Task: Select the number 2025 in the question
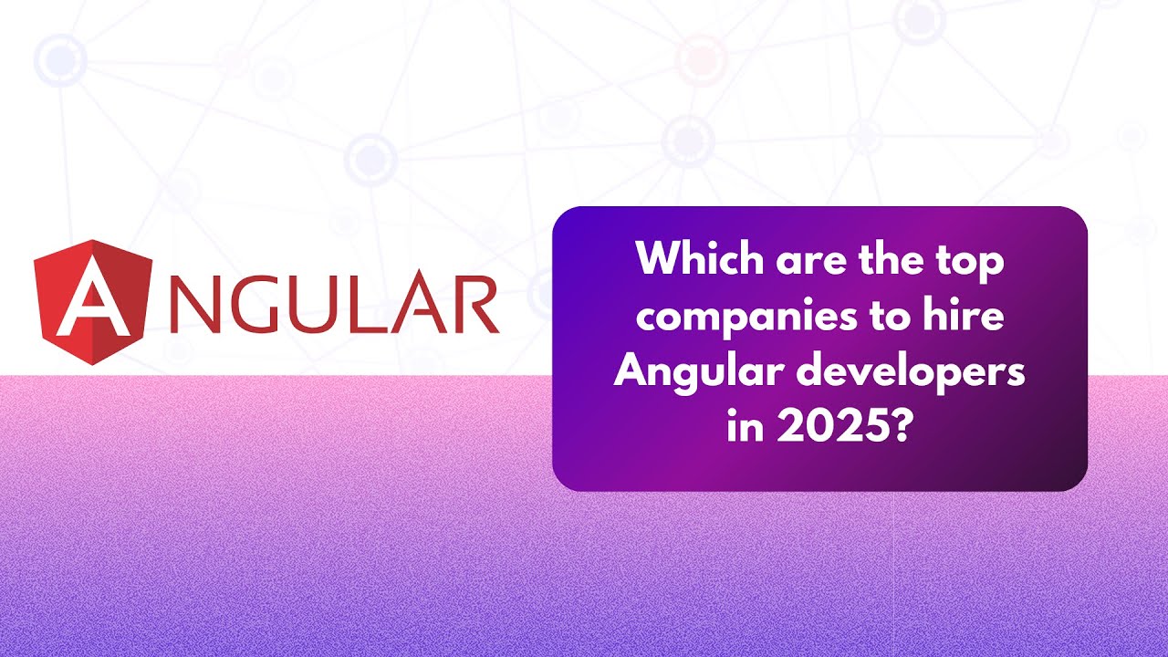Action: pyautogui.click(x=829, y=426)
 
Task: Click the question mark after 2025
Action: pyautogui.click(x=902, y=426)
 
